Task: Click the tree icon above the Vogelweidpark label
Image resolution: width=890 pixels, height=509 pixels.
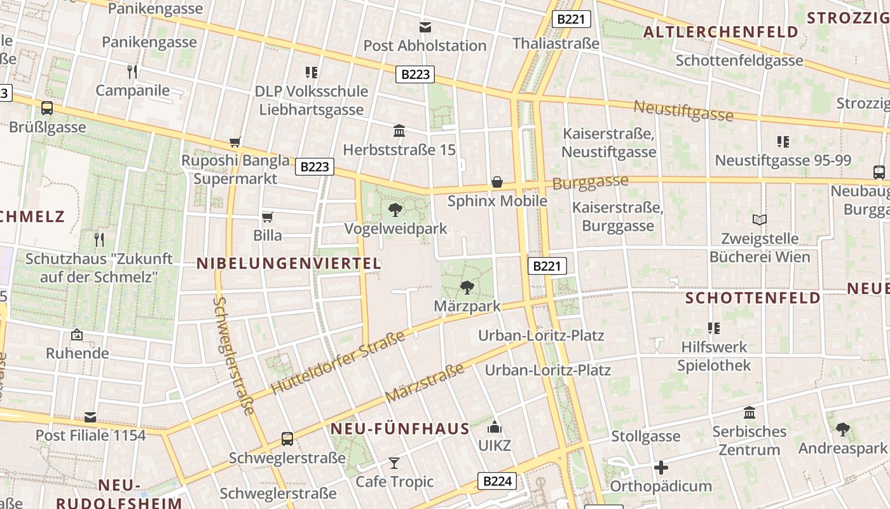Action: pos(395,209)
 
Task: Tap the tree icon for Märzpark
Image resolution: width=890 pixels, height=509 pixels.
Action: pos(467,287)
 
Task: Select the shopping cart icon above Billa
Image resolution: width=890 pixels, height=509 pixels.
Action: pos(268,217)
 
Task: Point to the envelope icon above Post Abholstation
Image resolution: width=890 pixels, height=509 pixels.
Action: pos(425,27)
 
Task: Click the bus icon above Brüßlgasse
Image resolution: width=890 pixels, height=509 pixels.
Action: pos(47,108)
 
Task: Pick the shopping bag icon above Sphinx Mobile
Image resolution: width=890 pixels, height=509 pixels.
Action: pos(497,183)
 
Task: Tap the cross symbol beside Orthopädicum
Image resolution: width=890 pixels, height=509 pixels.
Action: pos(661,468)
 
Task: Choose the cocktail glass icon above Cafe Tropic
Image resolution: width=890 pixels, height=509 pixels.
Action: pos(394,463)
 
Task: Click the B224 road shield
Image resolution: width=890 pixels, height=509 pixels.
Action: pos(497,481)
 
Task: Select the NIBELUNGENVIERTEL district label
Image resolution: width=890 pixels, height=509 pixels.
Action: pos(289,263)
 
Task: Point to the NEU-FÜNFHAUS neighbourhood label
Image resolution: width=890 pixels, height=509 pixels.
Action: pos(400,429)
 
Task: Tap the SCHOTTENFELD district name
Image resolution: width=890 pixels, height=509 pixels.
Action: pos(753,298)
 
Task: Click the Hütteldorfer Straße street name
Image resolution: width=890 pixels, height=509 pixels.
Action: pos(338,363)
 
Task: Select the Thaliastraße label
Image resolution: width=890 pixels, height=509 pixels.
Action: pos(556,43)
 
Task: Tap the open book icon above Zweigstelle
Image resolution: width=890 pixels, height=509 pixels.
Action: pos(759,220)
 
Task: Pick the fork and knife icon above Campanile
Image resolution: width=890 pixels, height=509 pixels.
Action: pos(132,71)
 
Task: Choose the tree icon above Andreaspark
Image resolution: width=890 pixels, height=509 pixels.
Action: pos(843,429)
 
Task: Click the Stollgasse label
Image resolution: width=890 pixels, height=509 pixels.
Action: pos(646,437)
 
